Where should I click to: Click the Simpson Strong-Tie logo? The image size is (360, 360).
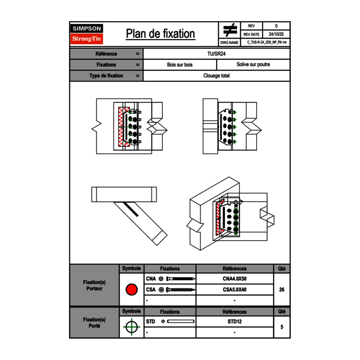(x=87, y=34)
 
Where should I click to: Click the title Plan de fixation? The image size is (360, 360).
(x=160, y=34)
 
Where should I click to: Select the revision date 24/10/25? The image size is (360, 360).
(x=276, y=34)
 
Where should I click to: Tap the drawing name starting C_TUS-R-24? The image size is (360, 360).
(x=267, y=43)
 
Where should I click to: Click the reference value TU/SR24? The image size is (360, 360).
(x=216, y=54)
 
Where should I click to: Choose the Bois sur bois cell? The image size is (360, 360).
(x=180, y=65)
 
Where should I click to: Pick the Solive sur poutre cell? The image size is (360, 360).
(x=253, y=65)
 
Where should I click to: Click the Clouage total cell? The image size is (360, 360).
(x=216, y=76)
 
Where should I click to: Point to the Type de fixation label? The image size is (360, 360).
(x=106, y=76)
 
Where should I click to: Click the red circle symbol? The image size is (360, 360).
(x=131, y=290)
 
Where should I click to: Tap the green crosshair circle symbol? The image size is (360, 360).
(x=131, y=327)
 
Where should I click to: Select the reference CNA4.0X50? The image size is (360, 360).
(x=234, y=279)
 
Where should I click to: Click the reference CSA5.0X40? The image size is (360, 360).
(x=234, y=290)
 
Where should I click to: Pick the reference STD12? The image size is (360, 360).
(x=234, y=322)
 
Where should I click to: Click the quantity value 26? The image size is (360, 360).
(x=281, y=290)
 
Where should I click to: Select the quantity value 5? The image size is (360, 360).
(x=281, y=327)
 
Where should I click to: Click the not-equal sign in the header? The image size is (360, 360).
(x=230, y=31)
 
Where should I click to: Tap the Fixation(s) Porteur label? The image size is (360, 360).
(x=94, y=285)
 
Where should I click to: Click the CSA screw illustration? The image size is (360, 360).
(x=180, y=290)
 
